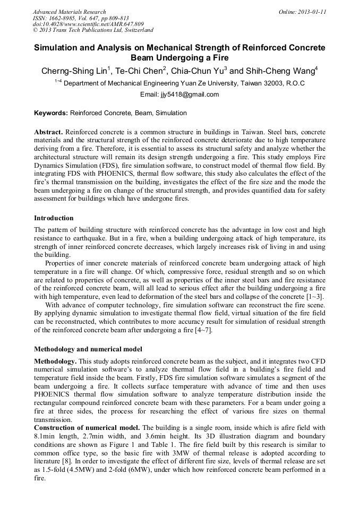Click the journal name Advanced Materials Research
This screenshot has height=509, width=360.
(x=70, y=12)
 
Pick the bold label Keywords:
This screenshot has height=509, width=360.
(x=51, y=113)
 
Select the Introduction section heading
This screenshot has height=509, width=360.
(x=54, y=218)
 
